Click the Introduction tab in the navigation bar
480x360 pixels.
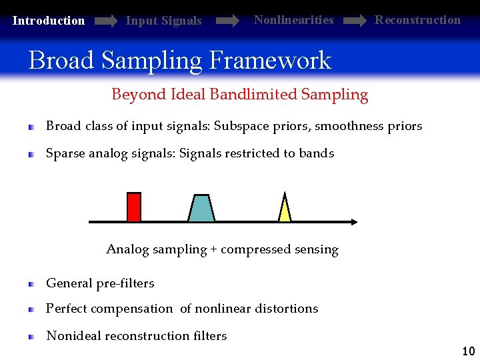click(49, 21)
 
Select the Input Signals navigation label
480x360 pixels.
click(163, 21)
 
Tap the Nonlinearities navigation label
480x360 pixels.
click(293, 20)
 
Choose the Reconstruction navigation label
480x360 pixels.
click(417, 20)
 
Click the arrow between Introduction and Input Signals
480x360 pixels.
click(106, 21)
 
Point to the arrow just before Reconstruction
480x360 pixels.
click(354, 21)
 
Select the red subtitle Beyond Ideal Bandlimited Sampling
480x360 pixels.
click(239, 95)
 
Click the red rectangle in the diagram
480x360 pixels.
click(134, 207)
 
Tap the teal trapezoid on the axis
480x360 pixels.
click(201, 208)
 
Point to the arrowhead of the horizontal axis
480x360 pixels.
click(353, 221)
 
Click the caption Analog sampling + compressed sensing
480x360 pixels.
click(222, 250)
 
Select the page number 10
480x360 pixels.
click(468, 351)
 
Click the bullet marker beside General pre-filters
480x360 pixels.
click(31, 284)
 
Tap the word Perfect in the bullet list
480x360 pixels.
click(65, 309)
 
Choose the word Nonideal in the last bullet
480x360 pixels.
click(71, 336)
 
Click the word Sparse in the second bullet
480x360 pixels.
click(64, 153)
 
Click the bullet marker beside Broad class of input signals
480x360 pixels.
click(31, 127)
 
